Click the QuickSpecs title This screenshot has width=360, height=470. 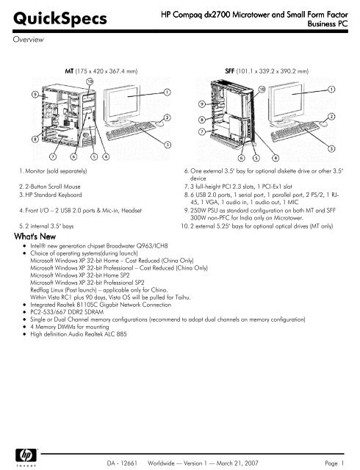tap(60, 18)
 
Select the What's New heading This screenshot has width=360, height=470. tap(35, 236)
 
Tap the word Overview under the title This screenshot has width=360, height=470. tap(28, 39)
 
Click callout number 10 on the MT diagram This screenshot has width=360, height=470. tap(90, 82)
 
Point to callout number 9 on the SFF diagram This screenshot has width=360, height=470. tap(202, 104)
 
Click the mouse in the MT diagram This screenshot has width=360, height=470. tap(160, 123)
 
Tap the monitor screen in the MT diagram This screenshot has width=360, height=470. tap(123, 102)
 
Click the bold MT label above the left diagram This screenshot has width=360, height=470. tap(69, 71)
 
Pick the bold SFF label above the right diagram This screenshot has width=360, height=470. tap(230, 71)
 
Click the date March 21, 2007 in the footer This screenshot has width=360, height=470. tap(237, 463)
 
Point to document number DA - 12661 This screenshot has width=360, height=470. tap(122, 463)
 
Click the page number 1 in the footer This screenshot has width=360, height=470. tap(342, 463)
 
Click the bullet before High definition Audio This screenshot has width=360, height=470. tap(24, 334)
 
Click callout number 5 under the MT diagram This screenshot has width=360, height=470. tap(94, 156)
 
